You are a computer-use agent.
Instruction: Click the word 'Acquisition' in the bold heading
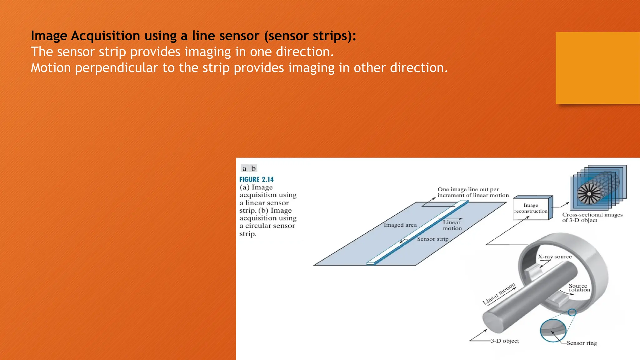click(x=105, y=36)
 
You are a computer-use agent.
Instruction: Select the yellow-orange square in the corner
click(x=597, y=68)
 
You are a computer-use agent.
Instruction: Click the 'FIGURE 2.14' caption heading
click(x=256, y=180)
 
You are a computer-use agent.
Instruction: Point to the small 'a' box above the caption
click(x=244, y=168)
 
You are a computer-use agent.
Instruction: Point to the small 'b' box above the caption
click(x=253, y=168)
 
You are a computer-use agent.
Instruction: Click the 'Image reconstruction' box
click(x=531, y=208)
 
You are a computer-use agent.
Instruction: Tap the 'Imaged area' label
click(x=400, y=225)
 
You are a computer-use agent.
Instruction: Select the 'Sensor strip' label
click(x=432, y=239)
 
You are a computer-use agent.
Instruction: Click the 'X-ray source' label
click(x=554, y=257)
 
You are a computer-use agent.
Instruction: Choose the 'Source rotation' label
click(x=579, y=288)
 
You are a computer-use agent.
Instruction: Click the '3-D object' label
click(x=504, y=341)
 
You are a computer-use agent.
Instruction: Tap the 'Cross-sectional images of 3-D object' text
click(x=592, y=217)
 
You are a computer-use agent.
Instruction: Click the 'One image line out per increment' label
click(x=472, y=192)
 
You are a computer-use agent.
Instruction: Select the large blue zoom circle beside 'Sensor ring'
click(x=553, y=331)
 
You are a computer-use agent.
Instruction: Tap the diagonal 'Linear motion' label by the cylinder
click(x=499, y=294)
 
